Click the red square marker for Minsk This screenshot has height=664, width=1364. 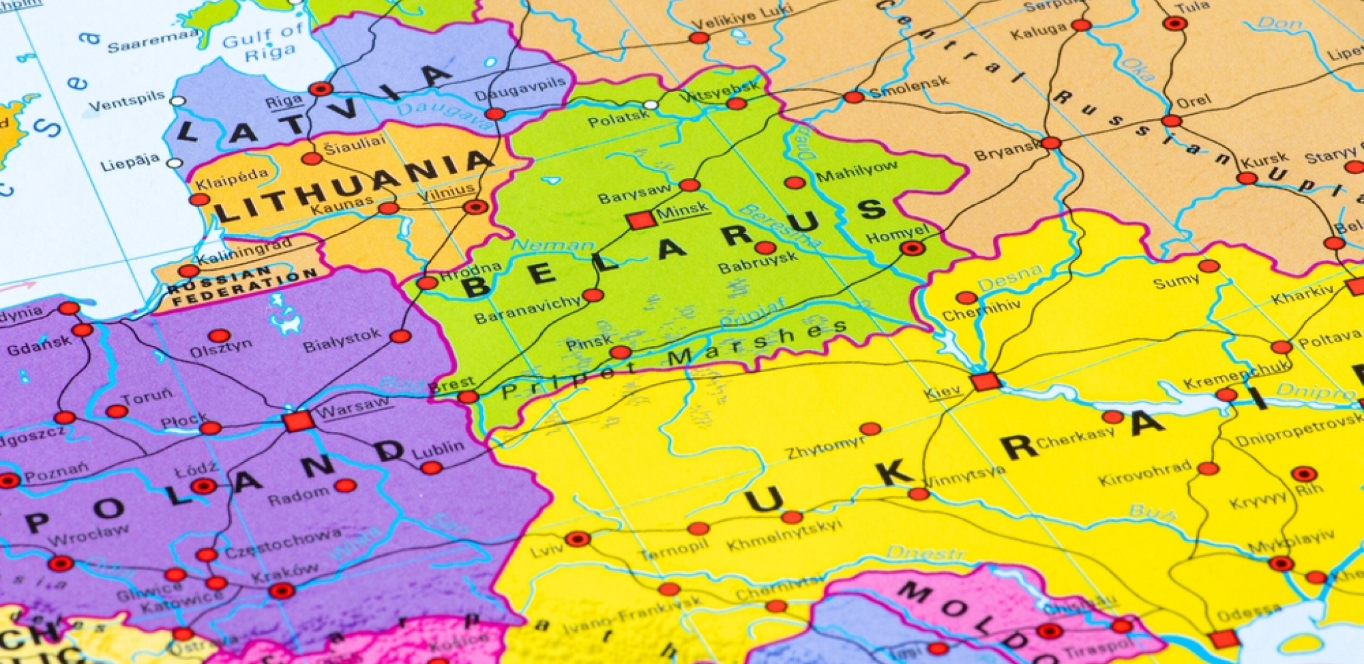tap(639, 220)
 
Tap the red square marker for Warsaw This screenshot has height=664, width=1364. tap(298, 421)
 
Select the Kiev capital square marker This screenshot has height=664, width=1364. tap(985, 382)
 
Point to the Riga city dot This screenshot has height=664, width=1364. tap(321, 89)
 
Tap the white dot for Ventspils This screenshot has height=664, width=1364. tap(177, 101)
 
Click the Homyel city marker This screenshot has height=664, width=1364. tap(912, 249)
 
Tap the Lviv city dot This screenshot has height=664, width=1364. tap(577, 539)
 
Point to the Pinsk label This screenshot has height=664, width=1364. tap(588, 343)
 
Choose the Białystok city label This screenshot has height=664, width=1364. tap(342, 341)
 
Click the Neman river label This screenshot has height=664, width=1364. tap(552, 246)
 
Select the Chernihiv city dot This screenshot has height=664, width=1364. tap(966, 298)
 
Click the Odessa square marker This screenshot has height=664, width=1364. tap(1224, 639)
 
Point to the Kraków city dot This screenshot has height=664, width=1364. tap(282, 591)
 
